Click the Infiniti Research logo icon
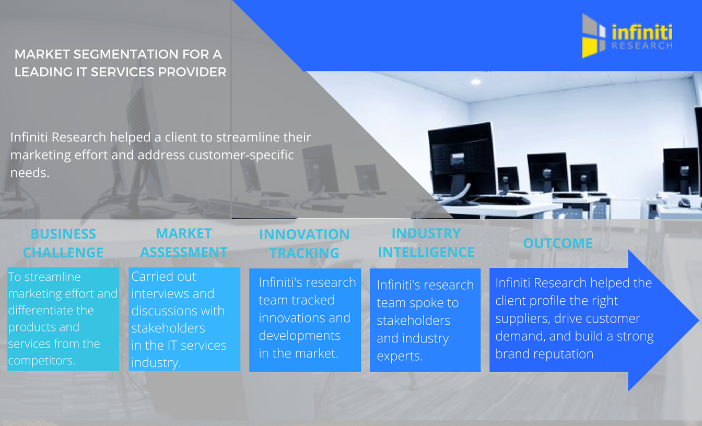[x=594, y=35]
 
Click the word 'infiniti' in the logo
[x=642, y=32]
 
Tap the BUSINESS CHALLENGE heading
[x=63, y=243]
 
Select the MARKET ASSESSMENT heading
[x=184, y=243]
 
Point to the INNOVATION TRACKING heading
[x=305, y=244]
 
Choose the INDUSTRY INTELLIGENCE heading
[x=426, y=243]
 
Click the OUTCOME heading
[x=557, y=243]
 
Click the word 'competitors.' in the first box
[x=42, y=360]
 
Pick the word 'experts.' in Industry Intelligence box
[x=400, y=356]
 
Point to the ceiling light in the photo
[x=475, y=82]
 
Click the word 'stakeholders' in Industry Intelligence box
[x=413, y=320]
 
